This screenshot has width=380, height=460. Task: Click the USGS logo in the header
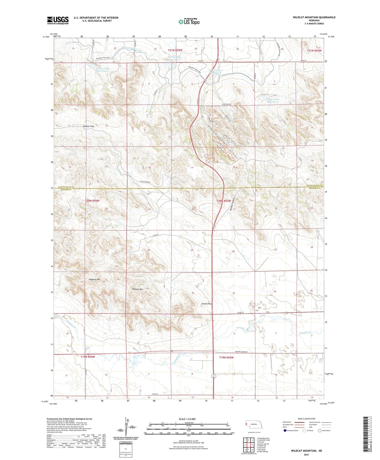(x=58, y=20)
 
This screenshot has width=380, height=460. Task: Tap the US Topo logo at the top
(x=189, y=22)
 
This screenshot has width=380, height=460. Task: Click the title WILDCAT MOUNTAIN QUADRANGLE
(x=314, y=17)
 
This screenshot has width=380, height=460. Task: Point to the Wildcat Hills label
(x=88, y=126)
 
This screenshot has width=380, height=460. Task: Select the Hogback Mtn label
(x=95, y=279)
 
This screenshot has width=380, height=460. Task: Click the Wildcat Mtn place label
(x=138, y=289)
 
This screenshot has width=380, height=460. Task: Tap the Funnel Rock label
(x=207, y=304)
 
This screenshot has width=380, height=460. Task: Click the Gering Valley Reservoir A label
(x=272, y=100)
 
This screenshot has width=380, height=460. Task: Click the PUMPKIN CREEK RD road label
(x=244, y=352)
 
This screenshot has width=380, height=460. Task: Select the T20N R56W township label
(x=92, y=200)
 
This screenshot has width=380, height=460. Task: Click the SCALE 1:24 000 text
(x=187, y=419)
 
